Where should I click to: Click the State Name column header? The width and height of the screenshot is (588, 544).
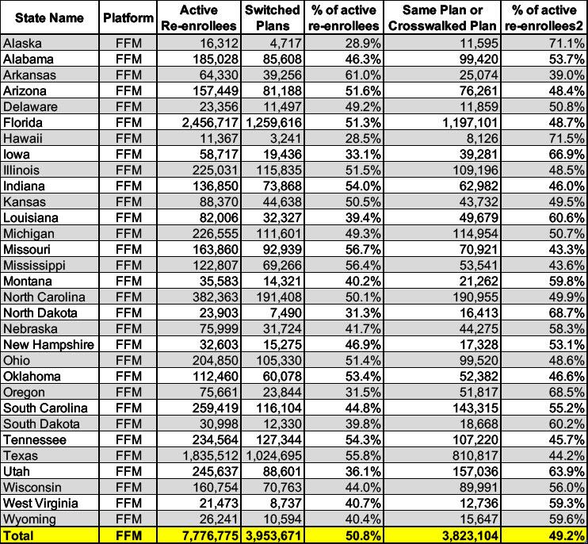click(49, 17)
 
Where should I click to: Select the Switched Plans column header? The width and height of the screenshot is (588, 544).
click(272, 17)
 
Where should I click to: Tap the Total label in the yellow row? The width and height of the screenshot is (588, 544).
click(19, 536)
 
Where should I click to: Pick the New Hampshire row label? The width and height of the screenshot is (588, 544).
click(48, 345)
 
